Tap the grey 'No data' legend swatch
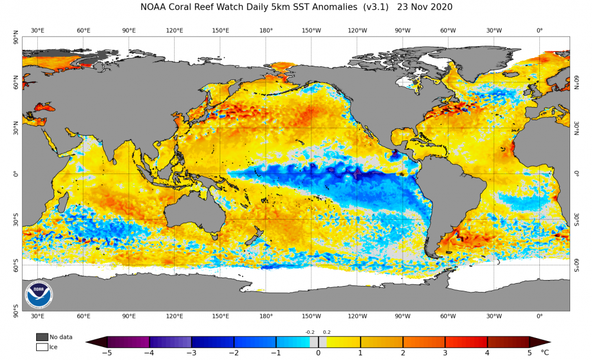(42, 337)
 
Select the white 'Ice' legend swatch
(42, 347)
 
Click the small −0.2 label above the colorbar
(310, 332)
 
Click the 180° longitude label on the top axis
(266, 30)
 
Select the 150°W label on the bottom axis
(311, 317)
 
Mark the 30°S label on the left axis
(15, 220)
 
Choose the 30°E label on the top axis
(37, 30)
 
